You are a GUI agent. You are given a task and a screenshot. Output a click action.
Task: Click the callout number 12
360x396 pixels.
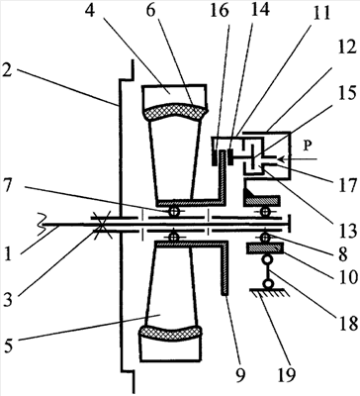point(346,47)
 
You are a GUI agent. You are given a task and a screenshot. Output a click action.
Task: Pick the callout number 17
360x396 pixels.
point(347,182)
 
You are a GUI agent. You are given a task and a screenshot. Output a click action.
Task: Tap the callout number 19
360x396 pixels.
point(287,374)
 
